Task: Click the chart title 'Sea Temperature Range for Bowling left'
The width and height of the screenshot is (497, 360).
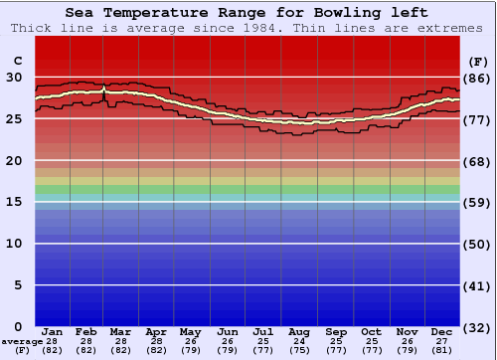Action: coord(248,13)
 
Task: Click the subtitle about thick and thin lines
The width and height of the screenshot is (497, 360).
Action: coord(248,28)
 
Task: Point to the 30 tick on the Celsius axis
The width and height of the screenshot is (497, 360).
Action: coord(14,77)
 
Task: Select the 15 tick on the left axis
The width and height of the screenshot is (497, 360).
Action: coord(14,202)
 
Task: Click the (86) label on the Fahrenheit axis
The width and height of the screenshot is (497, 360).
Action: coord(476,78)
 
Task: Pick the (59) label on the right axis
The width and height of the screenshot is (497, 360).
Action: coord(476,202)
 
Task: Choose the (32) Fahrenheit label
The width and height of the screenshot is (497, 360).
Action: coord(476,326)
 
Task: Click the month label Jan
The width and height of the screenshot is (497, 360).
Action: coord(53,331)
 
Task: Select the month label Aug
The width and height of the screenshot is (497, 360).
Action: coord(298,331)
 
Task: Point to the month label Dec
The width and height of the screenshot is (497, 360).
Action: coord(442,331)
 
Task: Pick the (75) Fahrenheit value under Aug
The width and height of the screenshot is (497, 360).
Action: coord(298,350)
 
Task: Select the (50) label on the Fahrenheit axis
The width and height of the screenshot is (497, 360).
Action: coord(476,244)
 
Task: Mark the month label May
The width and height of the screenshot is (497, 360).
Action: coord(190,331)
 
